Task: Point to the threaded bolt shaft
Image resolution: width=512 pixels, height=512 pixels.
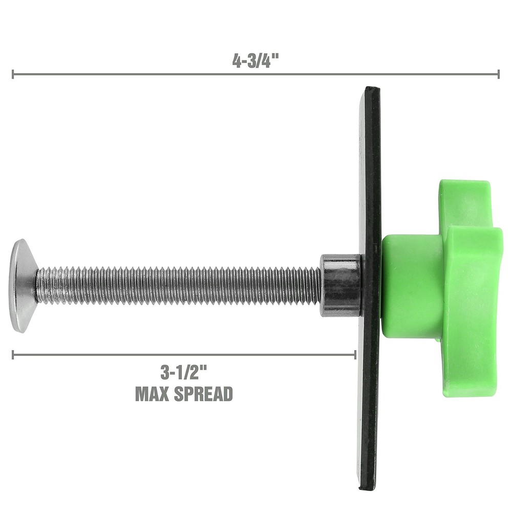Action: coord(179,286)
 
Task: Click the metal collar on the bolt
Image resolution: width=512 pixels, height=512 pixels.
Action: coord(340,285)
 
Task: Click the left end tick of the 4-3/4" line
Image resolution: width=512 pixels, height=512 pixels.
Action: coord(13,74)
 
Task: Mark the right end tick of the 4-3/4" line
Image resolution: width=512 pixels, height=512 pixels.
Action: coord(498,74)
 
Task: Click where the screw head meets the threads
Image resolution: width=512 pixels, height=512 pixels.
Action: coord(36,286)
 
